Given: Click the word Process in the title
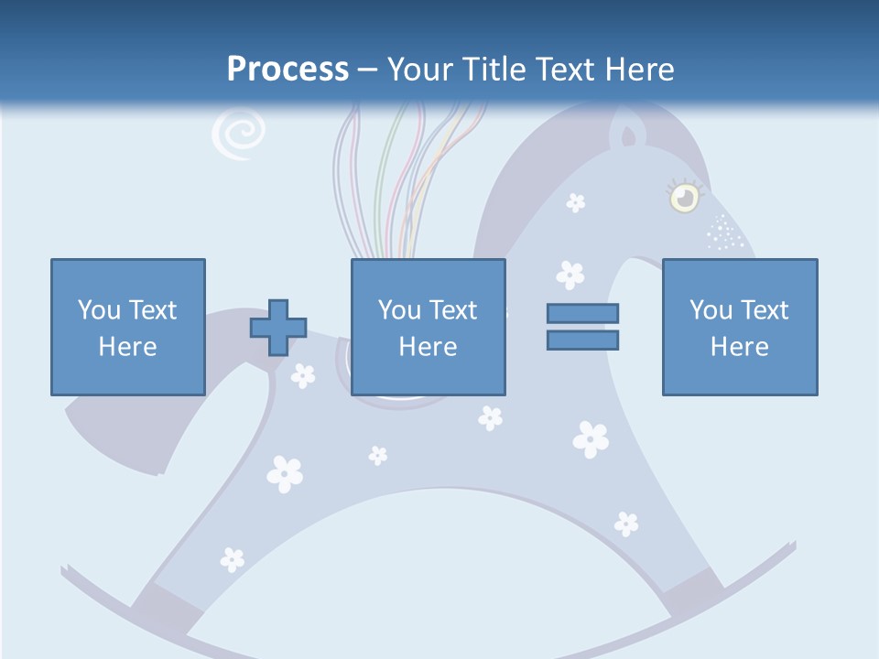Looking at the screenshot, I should [288, 70].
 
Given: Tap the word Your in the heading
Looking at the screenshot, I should [421, 70].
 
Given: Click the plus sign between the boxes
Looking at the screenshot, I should [278, 328].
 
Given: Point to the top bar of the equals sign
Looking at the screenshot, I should [582, 313].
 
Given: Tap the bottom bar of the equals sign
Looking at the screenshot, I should [582, 340].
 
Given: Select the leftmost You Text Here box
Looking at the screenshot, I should [127, 327].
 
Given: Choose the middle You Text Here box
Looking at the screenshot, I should [428, 327].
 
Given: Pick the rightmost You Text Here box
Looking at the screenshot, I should [739, 327].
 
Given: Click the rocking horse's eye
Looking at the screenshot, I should [683, 197].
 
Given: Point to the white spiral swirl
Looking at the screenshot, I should [238, 135].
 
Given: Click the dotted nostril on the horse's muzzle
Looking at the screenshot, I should [724, 233].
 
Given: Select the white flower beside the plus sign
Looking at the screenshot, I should [303, 374].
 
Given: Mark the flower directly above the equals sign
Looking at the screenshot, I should [570, 274].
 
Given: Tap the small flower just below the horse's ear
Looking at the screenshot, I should [575, 202].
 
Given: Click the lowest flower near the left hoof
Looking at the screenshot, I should [233, 558].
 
